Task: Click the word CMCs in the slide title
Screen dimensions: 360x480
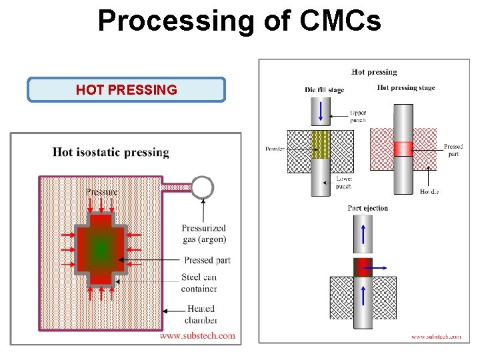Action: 341,21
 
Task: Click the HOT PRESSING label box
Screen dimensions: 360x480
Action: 126,90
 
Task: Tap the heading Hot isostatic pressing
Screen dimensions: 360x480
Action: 111,153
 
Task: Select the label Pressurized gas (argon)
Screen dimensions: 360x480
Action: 204,233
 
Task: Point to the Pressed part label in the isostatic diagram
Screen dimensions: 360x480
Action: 207,260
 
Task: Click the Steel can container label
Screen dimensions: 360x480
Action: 199,283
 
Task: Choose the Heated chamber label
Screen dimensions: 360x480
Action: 202,315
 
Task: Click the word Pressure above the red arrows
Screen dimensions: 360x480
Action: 101,192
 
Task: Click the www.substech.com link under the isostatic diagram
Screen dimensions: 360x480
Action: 198,335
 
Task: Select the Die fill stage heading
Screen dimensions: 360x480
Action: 324,90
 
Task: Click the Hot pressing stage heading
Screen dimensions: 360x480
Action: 405,87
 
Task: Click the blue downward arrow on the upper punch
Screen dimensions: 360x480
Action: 321,110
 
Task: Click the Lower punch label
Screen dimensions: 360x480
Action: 344,182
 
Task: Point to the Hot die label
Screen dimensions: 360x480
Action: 429,191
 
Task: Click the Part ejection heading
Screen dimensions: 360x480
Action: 367,208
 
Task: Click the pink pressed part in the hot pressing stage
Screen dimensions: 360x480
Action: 403,148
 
